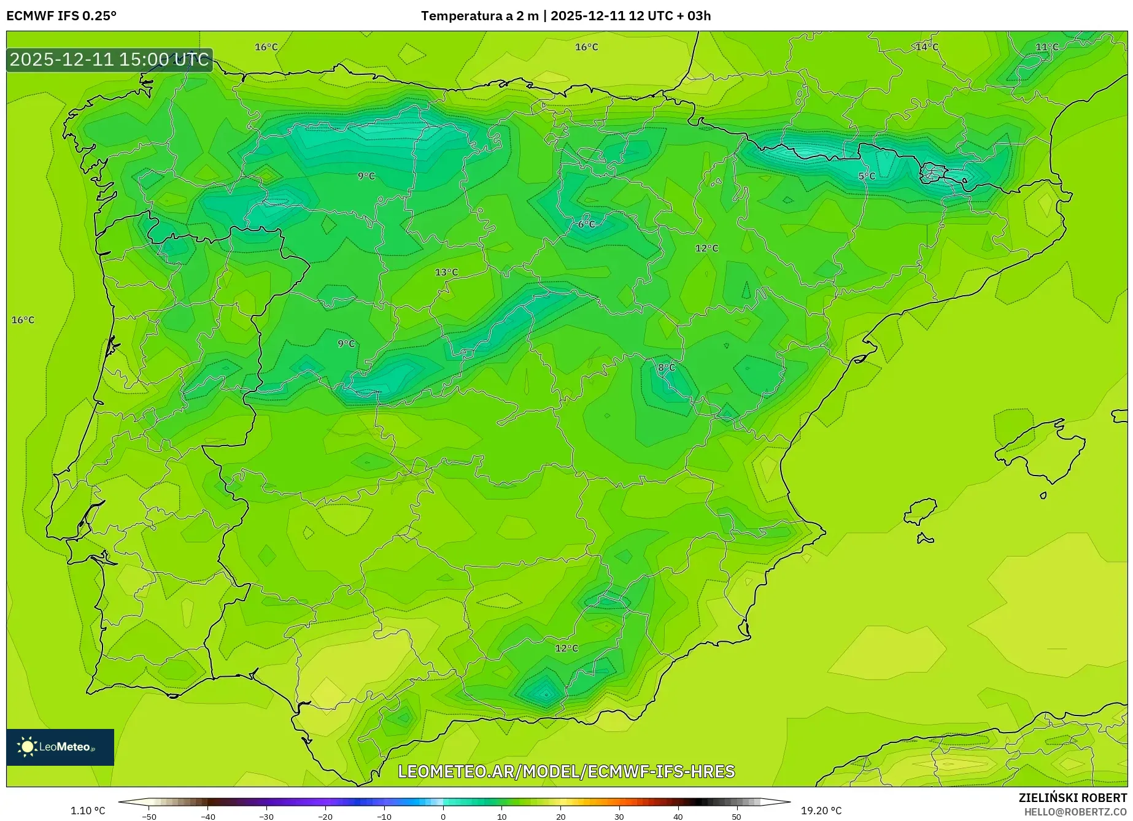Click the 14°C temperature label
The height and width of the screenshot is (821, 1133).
point(927,47)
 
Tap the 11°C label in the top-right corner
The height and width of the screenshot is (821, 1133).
point(1047,47)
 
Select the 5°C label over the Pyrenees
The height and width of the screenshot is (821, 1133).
point(867,176)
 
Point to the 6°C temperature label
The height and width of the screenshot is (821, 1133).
point(586,225)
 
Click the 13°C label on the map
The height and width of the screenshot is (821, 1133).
point(446,272)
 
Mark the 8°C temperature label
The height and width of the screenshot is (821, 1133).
point(666,368)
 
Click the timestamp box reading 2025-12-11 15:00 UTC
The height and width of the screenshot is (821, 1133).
point(110,60)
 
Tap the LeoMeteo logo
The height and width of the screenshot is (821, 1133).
point(60,747)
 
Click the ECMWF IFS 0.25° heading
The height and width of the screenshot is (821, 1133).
point(61,16)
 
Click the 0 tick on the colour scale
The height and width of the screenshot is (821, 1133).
point(443,817)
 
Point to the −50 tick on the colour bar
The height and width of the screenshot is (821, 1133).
point(149,817)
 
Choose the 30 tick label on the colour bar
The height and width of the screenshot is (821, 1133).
point(619,817)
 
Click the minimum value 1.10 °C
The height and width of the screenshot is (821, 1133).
point(88,811)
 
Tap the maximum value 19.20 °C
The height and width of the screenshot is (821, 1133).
point(821,811)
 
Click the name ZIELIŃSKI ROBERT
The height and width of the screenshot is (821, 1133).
point(1073,798)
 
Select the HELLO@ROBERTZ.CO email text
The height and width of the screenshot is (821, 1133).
point(1075,812)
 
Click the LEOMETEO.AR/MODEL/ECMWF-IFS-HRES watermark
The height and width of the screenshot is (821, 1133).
point(566,771)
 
